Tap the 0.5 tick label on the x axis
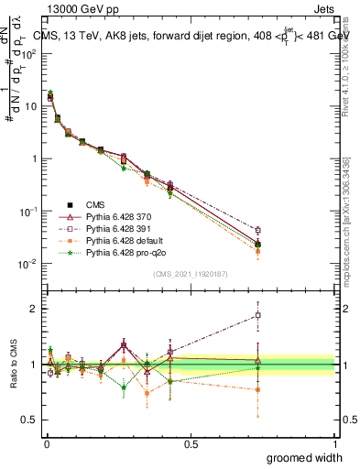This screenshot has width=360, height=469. (x=190, y=443)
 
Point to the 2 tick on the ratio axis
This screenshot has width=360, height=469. (x=33, y=309)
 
